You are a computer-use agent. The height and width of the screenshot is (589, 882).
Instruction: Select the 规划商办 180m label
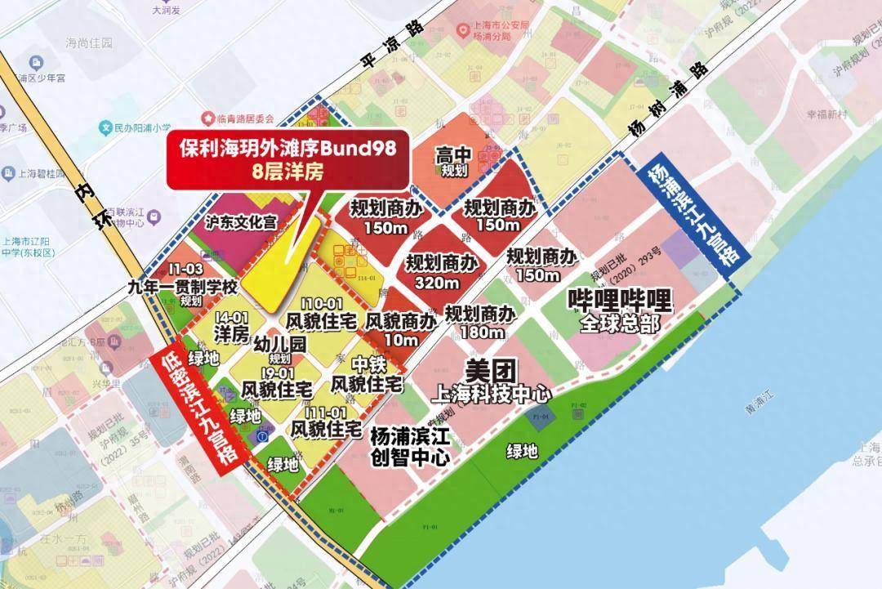pos(480,324)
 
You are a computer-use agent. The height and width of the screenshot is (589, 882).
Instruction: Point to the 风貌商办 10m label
pos(400,330)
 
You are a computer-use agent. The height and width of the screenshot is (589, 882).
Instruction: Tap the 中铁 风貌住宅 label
pos(366,375)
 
